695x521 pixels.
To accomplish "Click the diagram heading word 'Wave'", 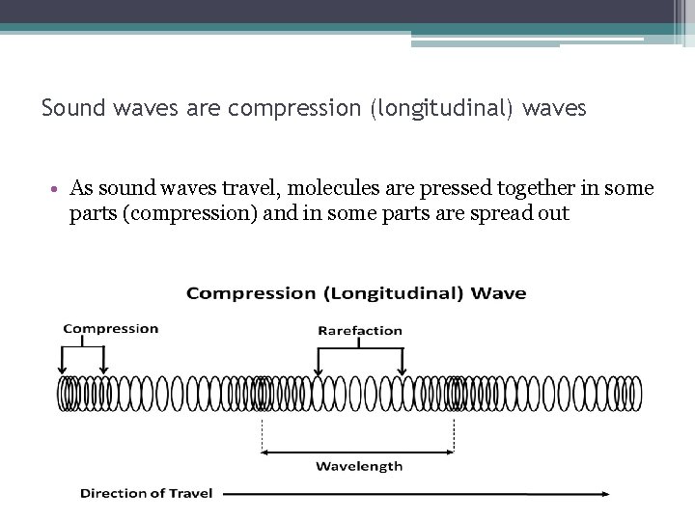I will point(502,293).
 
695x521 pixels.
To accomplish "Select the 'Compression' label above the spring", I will point(110,329).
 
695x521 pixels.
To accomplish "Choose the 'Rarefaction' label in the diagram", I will point(360,331).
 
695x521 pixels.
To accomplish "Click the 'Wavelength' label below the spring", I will point(359,467).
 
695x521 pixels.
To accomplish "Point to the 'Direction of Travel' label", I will point(146,494).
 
